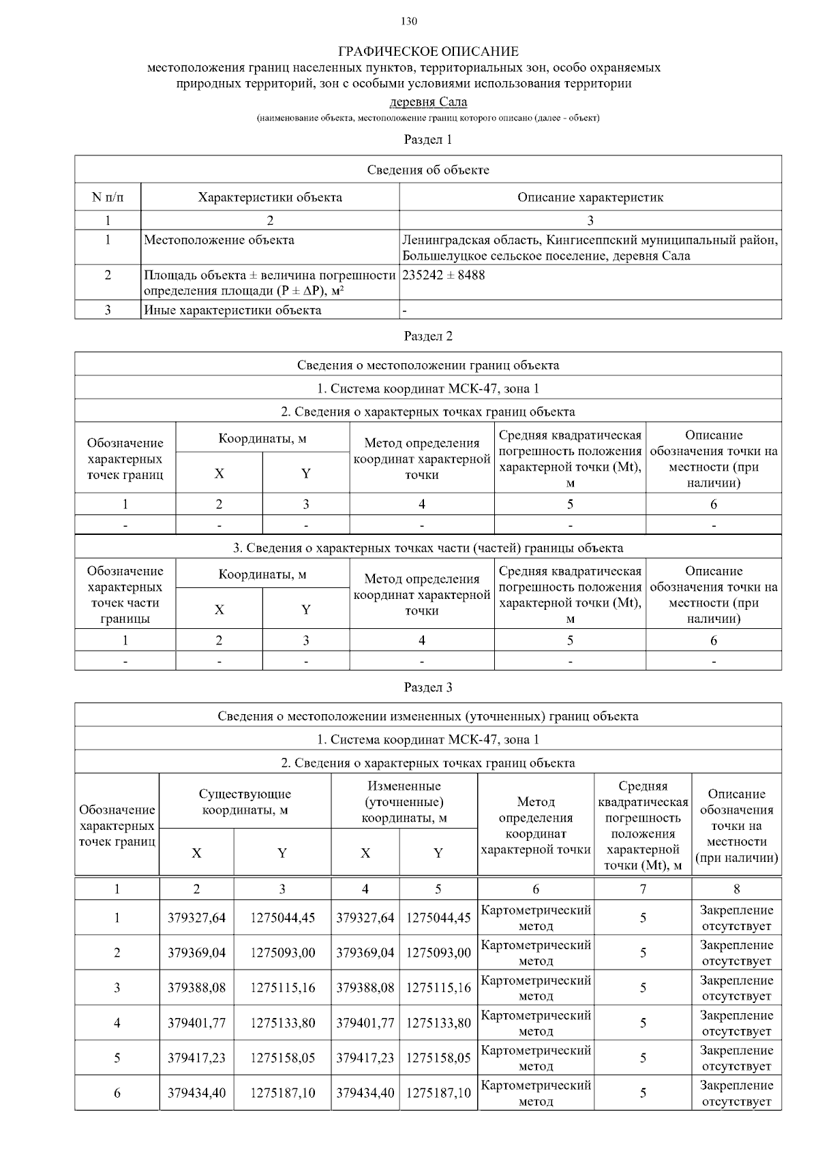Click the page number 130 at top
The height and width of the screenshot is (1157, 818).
[409, 21]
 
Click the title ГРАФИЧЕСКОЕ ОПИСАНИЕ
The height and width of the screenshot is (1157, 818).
[428, 52]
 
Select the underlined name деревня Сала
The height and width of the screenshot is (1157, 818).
[428, 102]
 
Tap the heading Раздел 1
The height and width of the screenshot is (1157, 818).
[428, 140]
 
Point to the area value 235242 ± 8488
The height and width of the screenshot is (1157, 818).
[444, 275]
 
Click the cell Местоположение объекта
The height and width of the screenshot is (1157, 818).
[219, 240]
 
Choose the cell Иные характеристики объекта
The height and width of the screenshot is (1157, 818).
[232, 310]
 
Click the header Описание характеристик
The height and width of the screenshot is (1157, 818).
[590, 198]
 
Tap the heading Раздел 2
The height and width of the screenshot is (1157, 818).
[428, 336]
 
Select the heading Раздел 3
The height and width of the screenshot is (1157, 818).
[428, 687]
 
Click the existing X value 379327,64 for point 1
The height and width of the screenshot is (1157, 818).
[196, 918]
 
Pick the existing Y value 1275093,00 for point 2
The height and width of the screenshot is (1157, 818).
[282, 953]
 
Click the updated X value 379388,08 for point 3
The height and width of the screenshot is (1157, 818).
[365, 987]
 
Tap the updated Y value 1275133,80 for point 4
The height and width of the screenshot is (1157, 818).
[438, 1023]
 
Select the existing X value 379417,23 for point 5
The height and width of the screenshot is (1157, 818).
[196, 1058]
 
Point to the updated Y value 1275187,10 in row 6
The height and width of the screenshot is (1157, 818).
[438, 1093]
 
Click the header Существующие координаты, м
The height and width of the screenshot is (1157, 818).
[245, 802]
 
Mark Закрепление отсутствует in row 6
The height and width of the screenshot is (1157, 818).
[736, 1093]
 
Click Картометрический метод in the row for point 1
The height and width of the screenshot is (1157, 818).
[536, 918]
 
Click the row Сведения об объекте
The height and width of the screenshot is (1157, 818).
[428, 170]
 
